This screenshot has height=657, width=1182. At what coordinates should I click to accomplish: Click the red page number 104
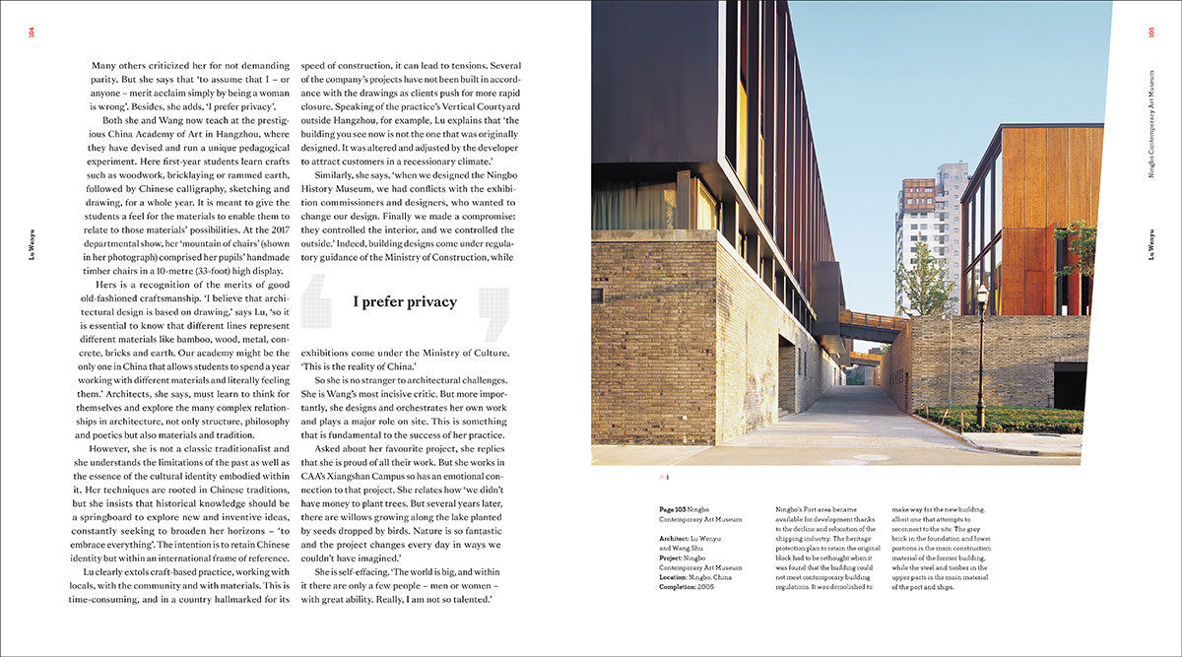point(32,35)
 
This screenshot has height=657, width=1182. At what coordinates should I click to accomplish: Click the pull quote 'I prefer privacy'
point(405,302)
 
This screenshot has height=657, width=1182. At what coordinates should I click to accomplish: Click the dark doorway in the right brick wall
point(1070,385)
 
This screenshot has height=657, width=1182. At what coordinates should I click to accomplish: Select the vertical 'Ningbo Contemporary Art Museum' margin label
point(1150,118)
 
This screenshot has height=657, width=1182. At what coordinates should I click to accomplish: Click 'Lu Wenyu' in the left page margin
point(32,247)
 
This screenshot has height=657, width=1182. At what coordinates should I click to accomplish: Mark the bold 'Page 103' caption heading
point(677,509)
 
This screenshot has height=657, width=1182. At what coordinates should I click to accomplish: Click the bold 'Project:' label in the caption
point(675,558)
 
